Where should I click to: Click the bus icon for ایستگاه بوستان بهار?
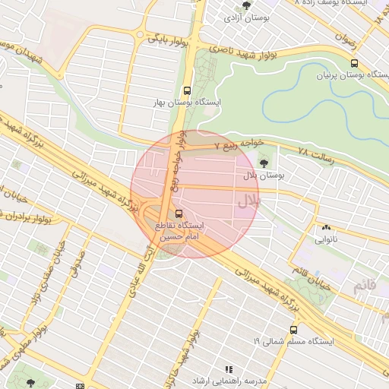point(187,90)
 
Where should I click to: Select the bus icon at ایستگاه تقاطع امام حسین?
point(179,214)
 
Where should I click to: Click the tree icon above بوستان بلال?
point(264,163)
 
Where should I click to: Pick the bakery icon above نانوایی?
point(326,226)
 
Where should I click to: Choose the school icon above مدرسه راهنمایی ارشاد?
point(229,369)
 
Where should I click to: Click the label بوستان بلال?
point(263,176)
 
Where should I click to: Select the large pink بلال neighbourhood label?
point(248,201)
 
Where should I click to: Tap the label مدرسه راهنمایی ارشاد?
point(229,380)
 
